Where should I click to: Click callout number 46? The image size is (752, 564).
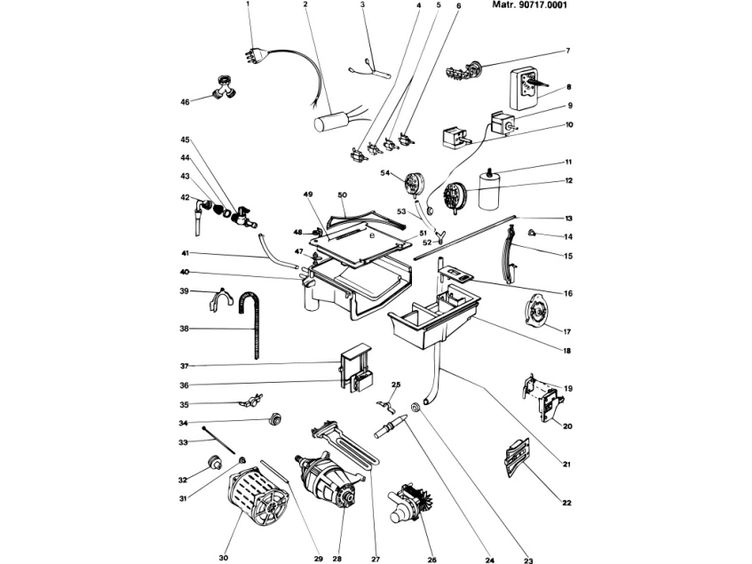(186, 102)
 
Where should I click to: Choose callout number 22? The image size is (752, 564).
(566, 503)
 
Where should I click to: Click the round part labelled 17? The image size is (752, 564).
(536, 313)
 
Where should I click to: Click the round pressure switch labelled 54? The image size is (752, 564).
(414, 183)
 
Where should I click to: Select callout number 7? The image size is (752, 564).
(567, 51)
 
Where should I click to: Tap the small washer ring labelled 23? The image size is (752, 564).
(414, 408)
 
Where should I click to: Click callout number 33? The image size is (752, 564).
(183, 441)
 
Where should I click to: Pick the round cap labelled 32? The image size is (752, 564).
(213, 463)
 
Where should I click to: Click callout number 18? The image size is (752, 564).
(566, 350)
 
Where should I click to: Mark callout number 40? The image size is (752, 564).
(185, 272)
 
